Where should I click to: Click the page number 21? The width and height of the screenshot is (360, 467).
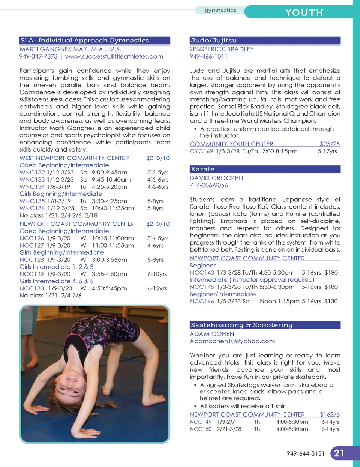[339, 453]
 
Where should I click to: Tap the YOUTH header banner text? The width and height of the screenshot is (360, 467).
[304, 12]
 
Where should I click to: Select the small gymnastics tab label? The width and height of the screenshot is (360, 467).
[220, 10]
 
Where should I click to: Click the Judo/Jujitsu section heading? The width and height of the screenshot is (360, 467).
[214, 41]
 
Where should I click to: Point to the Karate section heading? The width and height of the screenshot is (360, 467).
[202, 169]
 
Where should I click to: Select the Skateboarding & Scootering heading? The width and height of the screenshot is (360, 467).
[241, 325]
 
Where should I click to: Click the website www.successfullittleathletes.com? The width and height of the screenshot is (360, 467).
[114, 56]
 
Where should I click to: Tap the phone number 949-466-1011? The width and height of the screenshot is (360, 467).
[208, 56]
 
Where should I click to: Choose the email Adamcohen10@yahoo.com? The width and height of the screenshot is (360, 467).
[232, 341]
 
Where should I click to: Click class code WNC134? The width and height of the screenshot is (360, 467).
[32, 187]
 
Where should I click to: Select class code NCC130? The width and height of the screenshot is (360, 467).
[32, 288]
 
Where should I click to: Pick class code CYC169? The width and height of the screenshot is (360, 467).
[201, 151]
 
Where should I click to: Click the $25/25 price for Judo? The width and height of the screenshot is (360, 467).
[330, 144]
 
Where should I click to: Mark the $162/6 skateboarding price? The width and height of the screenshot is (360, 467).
[330, 414]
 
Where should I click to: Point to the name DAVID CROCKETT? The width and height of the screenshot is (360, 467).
[217, 178]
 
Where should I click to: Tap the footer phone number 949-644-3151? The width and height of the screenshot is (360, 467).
[305, 453]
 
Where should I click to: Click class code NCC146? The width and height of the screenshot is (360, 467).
[202, 301]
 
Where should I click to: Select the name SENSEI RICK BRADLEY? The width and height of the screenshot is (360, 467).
[222, 49]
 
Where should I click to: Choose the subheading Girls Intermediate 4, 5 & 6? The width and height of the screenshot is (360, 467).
[57, 281]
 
